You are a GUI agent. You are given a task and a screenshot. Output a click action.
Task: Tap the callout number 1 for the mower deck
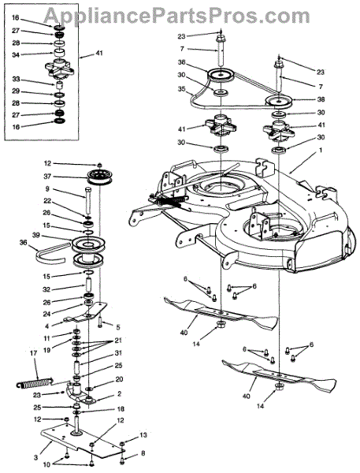pos(321,150)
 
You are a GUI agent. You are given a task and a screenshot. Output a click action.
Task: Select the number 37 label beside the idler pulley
pos(47,177)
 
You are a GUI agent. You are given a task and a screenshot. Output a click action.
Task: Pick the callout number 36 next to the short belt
pos(23,242)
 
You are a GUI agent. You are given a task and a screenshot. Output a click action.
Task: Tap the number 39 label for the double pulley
pos(35,235)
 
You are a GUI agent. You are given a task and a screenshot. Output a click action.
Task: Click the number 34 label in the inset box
pos(16,55)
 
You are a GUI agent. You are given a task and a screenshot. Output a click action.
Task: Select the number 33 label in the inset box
pos(16,79)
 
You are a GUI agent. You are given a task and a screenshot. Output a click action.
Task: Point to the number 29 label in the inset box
pos(16,91)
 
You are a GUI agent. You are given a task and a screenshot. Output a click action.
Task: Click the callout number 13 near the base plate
pos(143,435)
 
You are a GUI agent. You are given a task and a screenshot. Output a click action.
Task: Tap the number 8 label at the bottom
pos(143,453)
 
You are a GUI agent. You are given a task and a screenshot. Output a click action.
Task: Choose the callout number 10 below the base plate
pos(46,464)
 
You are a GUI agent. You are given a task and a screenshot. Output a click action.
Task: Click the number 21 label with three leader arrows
pos(118,341)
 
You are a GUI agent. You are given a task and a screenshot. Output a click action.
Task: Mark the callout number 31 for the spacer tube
pos(118,352)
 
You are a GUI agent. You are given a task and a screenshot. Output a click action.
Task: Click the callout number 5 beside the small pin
pos(118,326)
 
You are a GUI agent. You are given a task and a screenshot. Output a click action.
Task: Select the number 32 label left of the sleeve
pos(47,289)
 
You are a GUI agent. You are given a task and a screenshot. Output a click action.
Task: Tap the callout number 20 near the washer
pos(119,379)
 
